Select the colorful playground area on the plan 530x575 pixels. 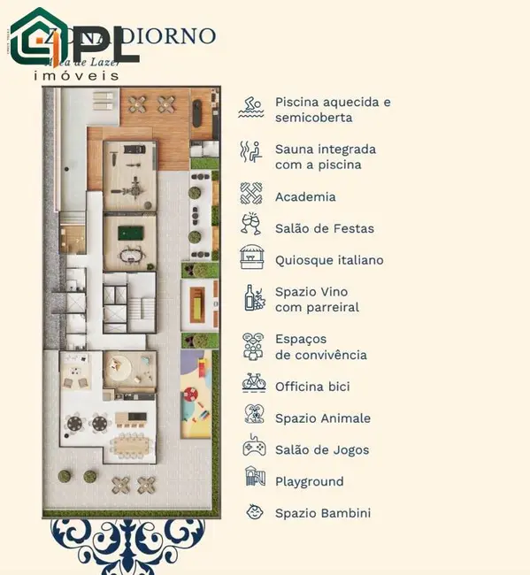click(x=195, y=394)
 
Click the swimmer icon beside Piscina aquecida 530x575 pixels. click(x=251, y=108)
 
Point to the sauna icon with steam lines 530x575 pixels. click(x=251, y=152)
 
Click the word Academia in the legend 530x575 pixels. click(x=305, y=197)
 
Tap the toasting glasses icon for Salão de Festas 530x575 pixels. click(x=252, y=226)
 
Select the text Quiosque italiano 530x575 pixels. click(x=329, y=260)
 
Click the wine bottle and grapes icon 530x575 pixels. click(x=254, y=298)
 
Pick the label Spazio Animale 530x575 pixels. click(x=322, y=418)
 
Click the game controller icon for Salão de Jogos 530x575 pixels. click(x=254, y=447)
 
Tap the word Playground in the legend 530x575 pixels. click(x=309, y=481)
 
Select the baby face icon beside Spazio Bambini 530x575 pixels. click(x=254, y=512)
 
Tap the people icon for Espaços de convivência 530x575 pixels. click(x=253, y=346)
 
